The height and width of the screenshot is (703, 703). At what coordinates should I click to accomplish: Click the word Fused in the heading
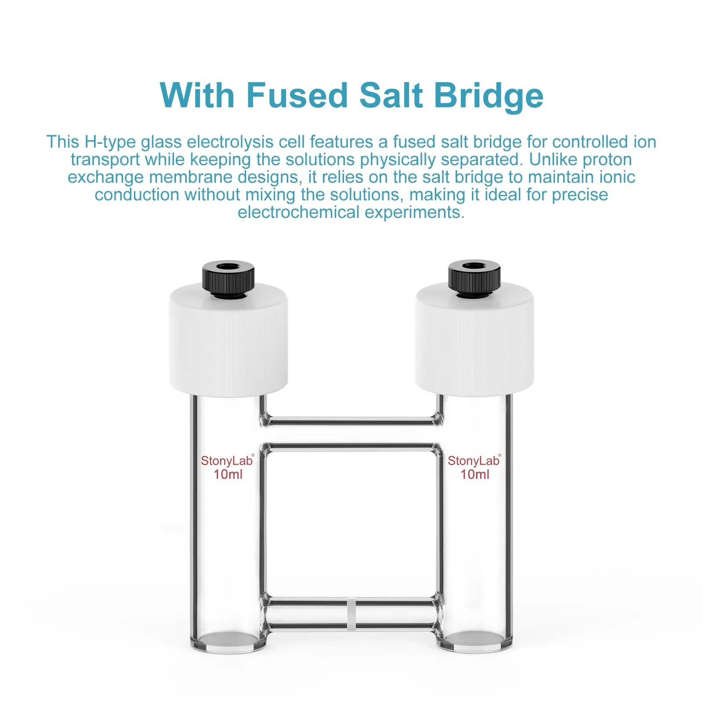pos(297,95)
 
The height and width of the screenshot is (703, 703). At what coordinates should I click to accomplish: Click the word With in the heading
pos(197,95)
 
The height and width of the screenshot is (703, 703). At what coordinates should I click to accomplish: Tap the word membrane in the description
pos(192,177)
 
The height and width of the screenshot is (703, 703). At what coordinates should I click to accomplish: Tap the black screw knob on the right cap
pos(475,277)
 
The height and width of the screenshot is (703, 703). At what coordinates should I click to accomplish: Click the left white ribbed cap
pos(228,343)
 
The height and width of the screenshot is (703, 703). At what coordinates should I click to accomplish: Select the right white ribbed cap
pos(475,343)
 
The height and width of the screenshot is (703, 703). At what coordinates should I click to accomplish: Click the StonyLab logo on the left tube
pos(227,461)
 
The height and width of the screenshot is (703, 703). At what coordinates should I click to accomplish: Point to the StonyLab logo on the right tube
pos(474,461)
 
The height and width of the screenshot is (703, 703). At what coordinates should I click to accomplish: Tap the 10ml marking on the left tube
pos(228,475)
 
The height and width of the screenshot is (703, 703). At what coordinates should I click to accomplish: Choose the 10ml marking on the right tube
pos(475,475)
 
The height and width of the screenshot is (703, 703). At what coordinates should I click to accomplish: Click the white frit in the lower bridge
pos(351,613)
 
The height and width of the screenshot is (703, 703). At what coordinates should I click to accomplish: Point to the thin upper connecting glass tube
pos(351,421)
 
